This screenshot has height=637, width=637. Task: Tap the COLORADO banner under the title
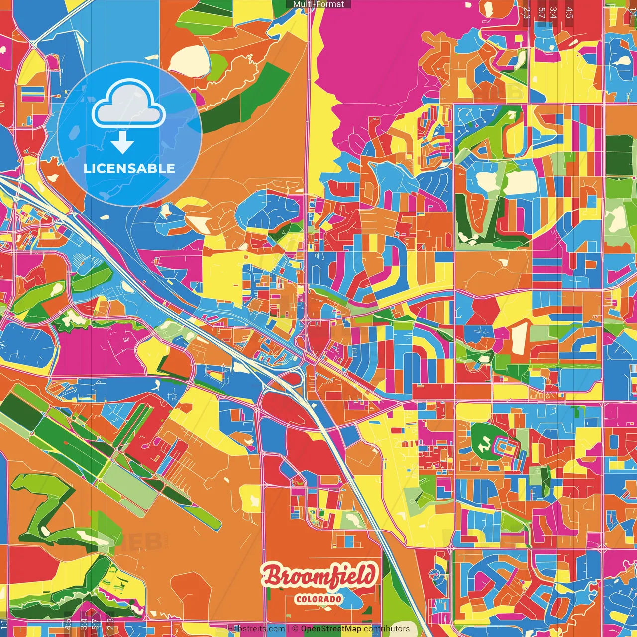[318, 599]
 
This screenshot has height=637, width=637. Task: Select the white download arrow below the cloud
[122, 143]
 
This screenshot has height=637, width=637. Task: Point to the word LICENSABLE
[129, 168]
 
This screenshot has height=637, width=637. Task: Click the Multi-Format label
[318, 4]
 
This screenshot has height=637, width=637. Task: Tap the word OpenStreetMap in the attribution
[330, 629]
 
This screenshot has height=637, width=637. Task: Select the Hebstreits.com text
[256, 629]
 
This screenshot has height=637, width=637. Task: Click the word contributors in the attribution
[387, 629]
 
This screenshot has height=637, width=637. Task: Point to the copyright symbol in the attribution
[295, 629]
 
